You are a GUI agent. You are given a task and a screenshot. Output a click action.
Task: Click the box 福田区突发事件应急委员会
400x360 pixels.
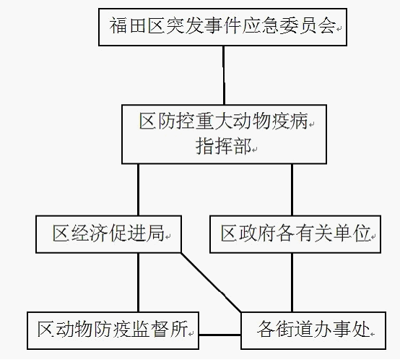(x=222, y=27)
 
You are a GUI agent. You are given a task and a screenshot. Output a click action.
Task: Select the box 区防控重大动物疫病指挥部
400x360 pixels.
(x=224, y=134)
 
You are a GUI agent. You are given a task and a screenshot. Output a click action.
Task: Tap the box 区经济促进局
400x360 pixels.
(x=109, y=234)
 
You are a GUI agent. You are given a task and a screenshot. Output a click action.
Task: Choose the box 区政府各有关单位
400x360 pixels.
(x=295, y=234)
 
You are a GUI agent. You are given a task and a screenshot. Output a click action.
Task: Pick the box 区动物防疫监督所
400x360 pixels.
(x=113, y=330)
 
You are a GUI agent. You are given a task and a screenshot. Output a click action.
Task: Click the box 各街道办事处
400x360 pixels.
(x=313, y=330)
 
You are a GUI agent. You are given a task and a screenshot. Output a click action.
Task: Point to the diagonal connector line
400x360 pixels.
(x=211, y=283)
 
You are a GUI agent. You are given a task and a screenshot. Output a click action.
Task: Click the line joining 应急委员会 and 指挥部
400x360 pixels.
(x=224, y=75)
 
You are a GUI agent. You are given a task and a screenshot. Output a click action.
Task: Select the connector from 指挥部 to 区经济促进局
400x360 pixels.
(x=138, y=189)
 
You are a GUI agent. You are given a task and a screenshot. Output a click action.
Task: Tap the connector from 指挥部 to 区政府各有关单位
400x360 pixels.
(x=292, y=189)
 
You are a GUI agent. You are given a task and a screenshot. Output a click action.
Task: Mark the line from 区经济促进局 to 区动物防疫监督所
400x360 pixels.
(x=138, y=283)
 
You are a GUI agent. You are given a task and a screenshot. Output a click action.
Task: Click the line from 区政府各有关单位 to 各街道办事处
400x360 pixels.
(x=292, y=283)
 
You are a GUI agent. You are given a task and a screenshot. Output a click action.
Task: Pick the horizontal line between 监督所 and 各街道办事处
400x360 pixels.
(x=220, y=335)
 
